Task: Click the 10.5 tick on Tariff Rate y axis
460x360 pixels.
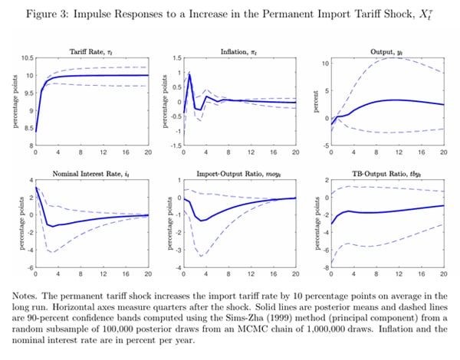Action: [x=25, y=58]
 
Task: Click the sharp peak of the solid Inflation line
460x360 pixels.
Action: [x=189, y=74]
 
